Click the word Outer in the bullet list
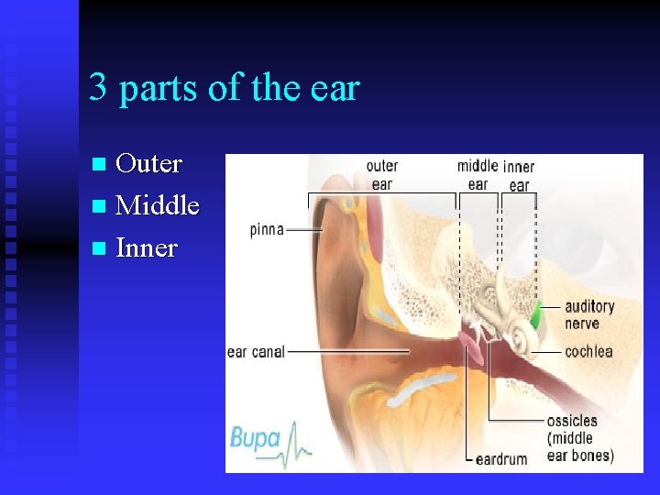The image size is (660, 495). click(x=149, y=164)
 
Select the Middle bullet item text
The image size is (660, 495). click(x=158, y=205)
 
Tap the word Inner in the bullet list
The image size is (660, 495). click(x=147, y=247)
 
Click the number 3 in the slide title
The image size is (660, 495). click(x=98, y=89)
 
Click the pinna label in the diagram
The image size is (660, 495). click(x=267, y=229)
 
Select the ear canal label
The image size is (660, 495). click(x=256, y=352)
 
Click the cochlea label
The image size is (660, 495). click(x=588, y=352)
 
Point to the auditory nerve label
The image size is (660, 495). click(x=588, y=314)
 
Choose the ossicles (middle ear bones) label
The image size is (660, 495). click(x=579, y=438)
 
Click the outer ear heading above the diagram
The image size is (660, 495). click(x=381, y=174)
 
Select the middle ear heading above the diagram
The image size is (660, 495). click(x=478, y=174)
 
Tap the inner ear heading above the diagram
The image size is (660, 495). click(x=519, y=175)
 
